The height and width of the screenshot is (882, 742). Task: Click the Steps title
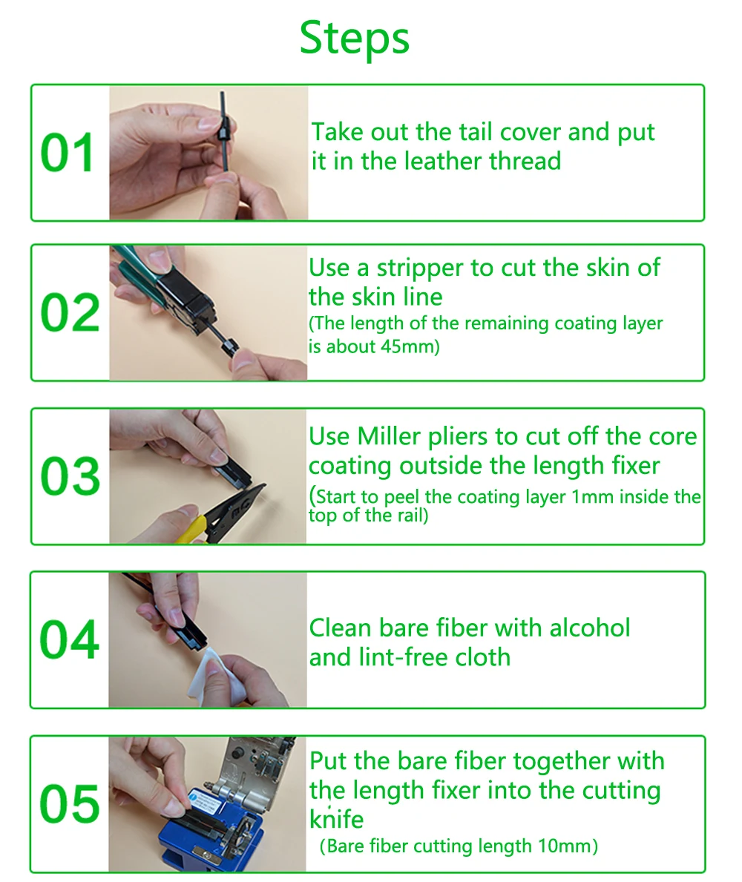point(355,38)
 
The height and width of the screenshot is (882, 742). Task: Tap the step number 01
point(68,153)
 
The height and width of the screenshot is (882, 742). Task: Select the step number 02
point(70,313)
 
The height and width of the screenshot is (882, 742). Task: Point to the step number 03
point(70,476)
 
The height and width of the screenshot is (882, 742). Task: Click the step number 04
point(70,639)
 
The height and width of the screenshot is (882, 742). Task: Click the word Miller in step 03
point(390,436)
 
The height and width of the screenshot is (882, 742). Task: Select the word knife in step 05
point(336,820)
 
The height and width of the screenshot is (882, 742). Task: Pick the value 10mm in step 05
point(567,846)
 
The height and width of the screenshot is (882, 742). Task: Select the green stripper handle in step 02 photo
point(142,271)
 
